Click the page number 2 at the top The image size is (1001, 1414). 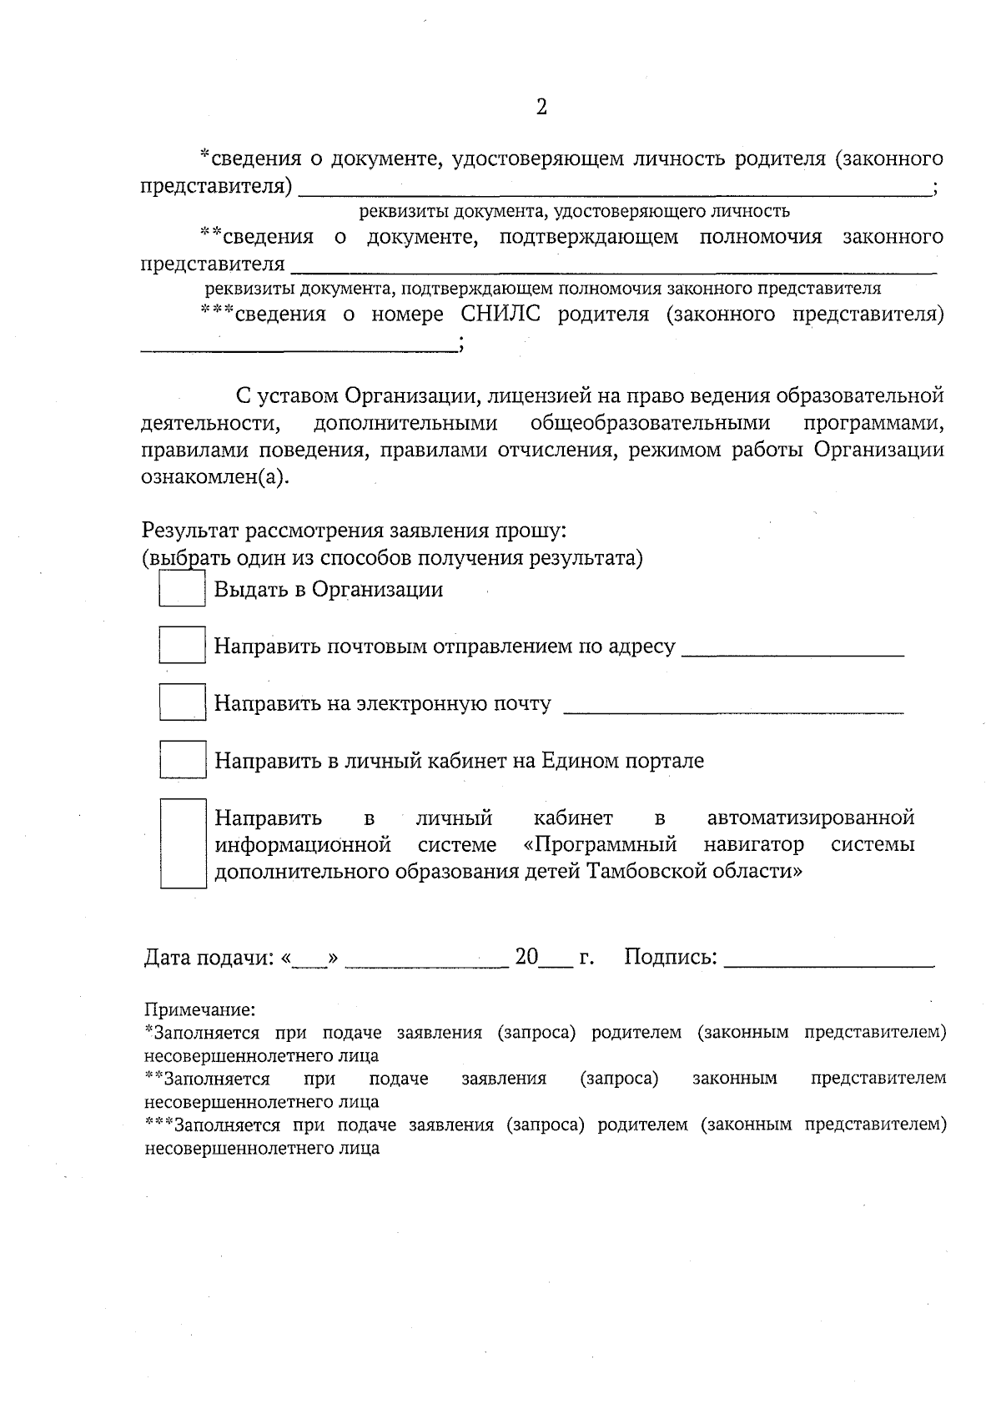coord(541,107)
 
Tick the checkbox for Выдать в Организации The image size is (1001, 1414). coord(182,588)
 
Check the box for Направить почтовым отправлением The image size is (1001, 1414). coord(182,645)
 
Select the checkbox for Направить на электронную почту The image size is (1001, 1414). coord(182,702)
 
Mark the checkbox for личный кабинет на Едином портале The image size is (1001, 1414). coord(182,759)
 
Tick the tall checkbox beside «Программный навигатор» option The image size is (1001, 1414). coord(183,843)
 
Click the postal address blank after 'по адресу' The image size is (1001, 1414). coord(792,651)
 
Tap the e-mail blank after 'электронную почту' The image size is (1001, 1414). coord(733,707)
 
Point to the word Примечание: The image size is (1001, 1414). coord(199,1010)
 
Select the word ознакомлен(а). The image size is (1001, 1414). coord(212,477)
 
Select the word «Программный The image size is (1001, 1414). coord(600,844)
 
